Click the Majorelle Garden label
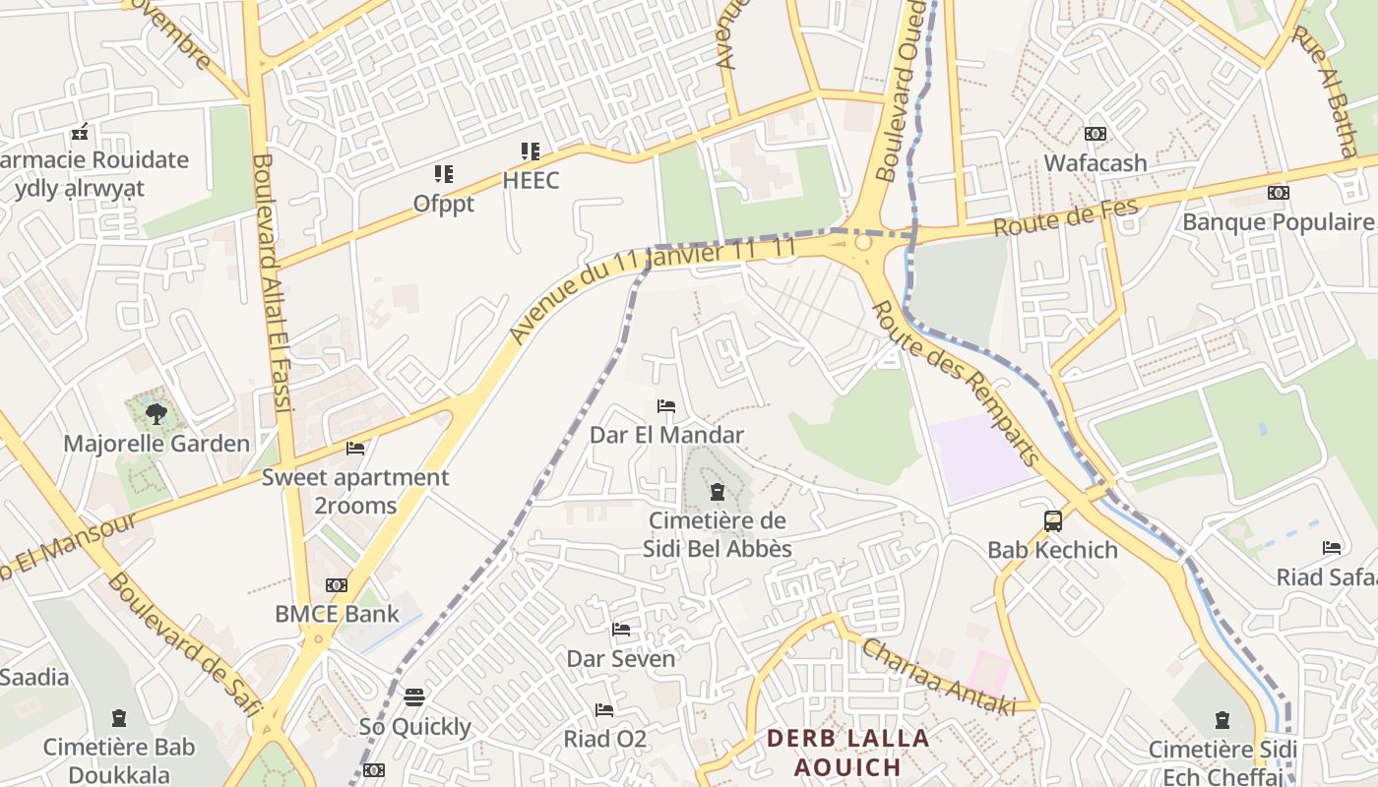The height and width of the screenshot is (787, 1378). tap(157, 444)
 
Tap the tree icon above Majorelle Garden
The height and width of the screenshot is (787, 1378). tap(156, 413)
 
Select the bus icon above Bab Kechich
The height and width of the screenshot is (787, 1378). tap(1052, 520)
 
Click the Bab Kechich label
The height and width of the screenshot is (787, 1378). tap(1052, 550)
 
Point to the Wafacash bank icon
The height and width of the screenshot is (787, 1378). tap(1095, 134)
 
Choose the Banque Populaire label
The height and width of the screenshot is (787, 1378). tap(1277, 221)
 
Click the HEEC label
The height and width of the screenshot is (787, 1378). tap(531, 180)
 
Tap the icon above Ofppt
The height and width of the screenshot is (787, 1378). tap(444, 174)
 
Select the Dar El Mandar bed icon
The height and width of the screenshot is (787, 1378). tap(666, 406)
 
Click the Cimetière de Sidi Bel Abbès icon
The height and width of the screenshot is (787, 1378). tap(717, 490)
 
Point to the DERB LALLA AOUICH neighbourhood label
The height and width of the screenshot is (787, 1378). tap(847, 753)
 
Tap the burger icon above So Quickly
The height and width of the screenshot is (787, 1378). tap(414, 697)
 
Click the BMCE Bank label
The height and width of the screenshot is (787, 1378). tap(337, 614)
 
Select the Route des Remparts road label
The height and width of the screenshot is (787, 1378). tap(956, 384)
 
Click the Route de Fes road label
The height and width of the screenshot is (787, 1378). tap(1065, 217)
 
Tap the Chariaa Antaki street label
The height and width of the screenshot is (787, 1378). tap(937, 678)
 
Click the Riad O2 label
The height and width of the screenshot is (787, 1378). tap(604, 738)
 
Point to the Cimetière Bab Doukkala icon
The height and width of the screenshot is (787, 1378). tap(119, 717)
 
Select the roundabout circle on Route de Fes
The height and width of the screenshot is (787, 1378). tap(863, 242)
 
